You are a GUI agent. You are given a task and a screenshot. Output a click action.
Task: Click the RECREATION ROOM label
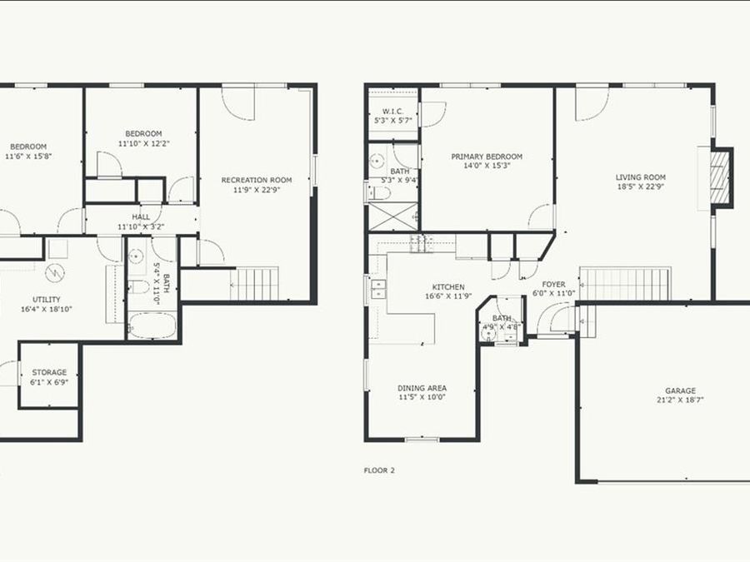tap(256, 180)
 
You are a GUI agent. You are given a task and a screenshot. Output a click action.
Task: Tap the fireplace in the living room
tap(718, 175)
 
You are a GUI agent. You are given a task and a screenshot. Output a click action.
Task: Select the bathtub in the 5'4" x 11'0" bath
tap(152, 325)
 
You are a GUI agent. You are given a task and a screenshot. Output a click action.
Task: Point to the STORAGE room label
tap(49, 372)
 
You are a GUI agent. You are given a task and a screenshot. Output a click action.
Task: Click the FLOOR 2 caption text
tap(379, 470)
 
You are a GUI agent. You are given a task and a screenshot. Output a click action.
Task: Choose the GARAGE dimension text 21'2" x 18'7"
tap(680, 400)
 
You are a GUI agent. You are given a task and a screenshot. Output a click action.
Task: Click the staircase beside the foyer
tap(624, 284)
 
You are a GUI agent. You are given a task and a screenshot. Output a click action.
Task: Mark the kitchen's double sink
tap(378, 289)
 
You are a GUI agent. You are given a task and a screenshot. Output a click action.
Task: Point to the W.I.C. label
tap(392, 111)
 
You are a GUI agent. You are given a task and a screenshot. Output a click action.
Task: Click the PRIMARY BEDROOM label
tap(487, 157)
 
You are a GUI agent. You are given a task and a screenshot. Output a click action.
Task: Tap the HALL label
tap(141, 216)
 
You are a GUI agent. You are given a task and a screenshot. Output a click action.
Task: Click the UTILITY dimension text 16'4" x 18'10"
tap(47, 309)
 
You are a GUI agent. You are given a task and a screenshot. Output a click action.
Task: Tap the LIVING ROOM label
tap(641, 177)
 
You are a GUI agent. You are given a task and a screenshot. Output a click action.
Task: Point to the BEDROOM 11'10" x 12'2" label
tap(143, 133)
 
